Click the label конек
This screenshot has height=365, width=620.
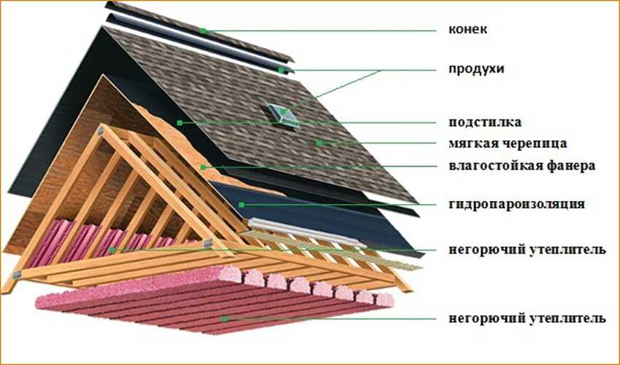pyautogui.click(x=468, y=29)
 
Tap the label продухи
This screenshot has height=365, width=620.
pyautogui.click(x=476, y=68)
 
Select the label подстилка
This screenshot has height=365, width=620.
pyautogui.click(x=485, y=122)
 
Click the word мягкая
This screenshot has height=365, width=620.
pyautogui.click(x=474, y=144)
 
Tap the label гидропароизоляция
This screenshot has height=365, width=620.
pyautogui.click(x=516, y=205)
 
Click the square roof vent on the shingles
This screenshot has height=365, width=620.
pyautogui.click(x=282, y=115)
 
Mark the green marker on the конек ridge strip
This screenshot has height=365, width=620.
pyautogui.click(x=203, y=31)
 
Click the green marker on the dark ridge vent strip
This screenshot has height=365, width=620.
pyautogui.click(x=281, y=71)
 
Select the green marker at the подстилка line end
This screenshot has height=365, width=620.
pyautogui.click(x=179, y=123)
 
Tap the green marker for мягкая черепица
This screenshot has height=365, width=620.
pyautogui.click(x=319, y=143)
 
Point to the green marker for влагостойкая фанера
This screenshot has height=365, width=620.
pyautogui.click(x=203, y=168)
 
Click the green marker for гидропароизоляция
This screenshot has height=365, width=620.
pyautogui.click(x=241, y=205)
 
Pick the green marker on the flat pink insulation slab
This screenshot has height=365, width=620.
pyautogui.click(x=224, y=318)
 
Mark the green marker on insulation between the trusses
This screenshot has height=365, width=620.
pyautogui.click(x=112, y=250)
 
